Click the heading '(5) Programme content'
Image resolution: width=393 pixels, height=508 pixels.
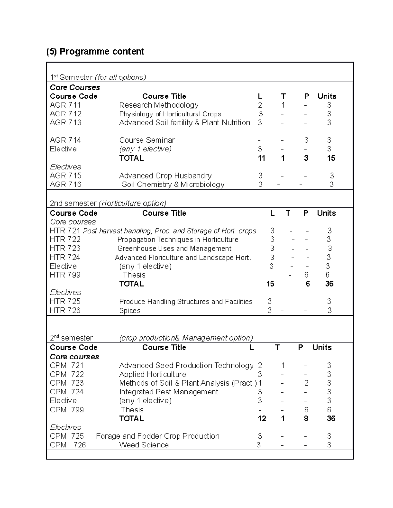click(95, 52)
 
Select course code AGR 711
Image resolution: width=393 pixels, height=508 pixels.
click(65, 105)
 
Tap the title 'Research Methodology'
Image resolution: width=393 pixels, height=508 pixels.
click(159, 105)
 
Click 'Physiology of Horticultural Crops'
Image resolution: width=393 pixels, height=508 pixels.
click(170, 114)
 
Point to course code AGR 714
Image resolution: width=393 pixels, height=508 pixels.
click(65, 140)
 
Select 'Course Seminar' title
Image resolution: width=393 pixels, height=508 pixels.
click(147, 140)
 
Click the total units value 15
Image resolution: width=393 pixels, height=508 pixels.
click(331, 158)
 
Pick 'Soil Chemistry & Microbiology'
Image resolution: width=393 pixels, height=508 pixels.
click(173, 184)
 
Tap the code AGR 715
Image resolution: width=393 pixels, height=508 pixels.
click(65, 176)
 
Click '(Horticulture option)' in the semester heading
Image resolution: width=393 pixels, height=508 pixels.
click(133, 203)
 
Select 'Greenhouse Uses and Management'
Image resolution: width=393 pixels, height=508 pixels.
click(174, 249)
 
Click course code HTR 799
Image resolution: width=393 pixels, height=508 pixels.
click(65, 275)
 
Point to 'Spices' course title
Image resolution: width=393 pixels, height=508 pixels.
click(130, 311)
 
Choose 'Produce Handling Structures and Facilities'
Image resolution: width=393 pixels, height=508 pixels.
click(185, 302)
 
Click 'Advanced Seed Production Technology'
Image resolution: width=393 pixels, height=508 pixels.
click(186, 365)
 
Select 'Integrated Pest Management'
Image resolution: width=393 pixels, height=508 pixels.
click(169, 392)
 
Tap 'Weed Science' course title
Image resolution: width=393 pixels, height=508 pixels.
click(144, 445)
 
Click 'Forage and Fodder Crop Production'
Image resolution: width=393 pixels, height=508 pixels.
click(158, 436)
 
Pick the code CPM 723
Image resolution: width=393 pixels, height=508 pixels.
click(66, 383)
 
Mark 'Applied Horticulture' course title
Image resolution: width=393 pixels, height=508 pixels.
click(152, 374)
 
